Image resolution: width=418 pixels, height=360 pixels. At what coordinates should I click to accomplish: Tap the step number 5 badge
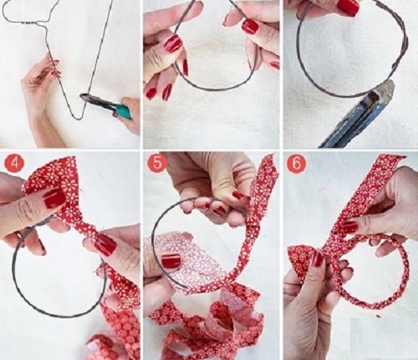coord(157,163)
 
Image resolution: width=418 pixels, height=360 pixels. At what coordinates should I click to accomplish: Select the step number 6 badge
coord(296,164)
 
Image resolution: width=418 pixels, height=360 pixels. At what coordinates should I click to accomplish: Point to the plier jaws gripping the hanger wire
coord(88,98)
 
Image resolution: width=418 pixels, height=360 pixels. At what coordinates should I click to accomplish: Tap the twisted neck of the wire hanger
coord(30,23)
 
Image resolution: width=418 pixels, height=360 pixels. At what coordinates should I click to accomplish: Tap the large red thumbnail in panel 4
coord(55,198)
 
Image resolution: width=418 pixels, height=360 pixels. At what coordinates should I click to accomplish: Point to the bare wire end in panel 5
coord(183,286)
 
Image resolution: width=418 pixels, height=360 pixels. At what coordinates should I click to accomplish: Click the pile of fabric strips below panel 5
coord(206,323)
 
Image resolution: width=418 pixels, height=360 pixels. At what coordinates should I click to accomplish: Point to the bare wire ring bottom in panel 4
coord(56,315)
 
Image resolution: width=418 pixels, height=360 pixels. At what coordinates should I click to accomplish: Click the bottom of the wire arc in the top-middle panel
coord(212,89)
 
